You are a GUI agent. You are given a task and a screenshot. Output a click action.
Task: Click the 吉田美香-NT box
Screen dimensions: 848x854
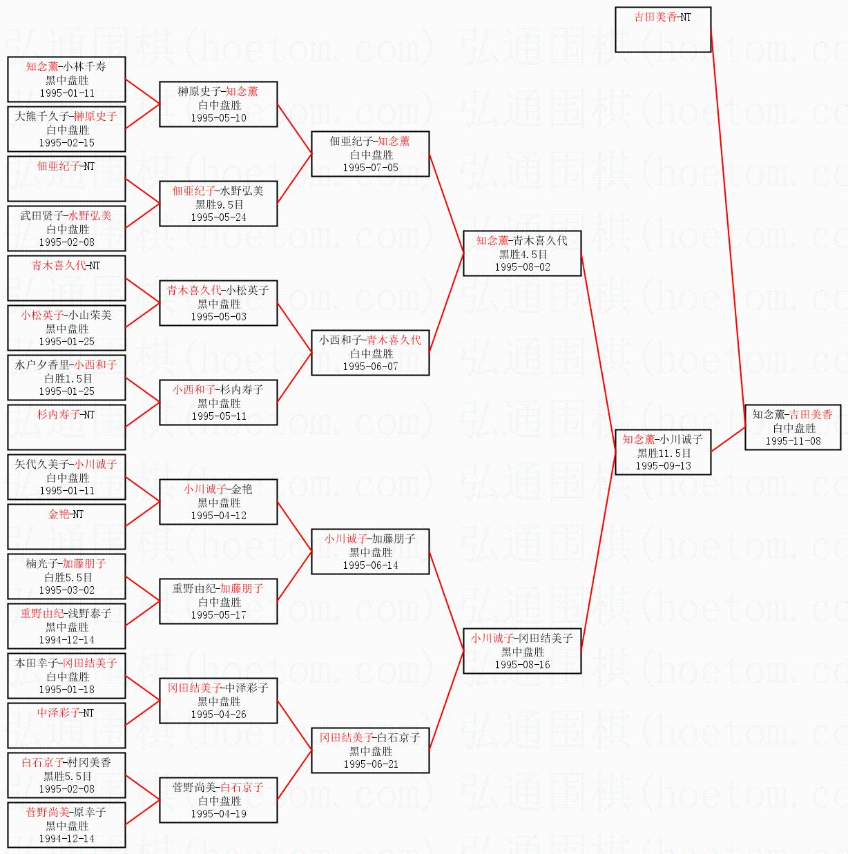[663, 29]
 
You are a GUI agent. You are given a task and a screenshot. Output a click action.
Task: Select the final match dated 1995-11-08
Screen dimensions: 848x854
[793, 427]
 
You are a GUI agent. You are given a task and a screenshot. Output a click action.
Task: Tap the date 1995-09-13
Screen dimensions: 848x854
[663, 466]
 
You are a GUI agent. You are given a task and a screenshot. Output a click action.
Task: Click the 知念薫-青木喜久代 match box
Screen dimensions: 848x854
[522, 253]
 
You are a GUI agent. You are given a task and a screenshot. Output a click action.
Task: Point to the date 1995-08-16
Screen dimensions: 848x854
[522, 665]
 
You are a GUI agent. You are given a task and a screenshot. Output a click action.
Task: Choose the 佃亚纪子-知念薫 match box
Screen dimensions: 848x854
[370, 154]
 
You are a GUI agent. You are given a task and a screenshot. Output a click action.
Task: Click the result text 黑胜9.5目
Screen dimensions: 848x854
[219, 205]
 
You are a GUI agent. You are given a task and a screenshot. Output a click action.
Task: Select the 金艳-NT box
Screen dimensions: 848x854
[66, 527]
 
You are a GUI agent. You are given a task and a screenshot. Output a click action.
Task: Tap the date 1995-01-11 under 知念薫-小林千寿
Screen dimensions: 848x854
[67, 93]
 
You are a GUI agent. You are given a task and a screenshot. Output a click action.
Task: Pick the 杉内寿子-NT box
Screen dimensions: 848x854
[66, 427]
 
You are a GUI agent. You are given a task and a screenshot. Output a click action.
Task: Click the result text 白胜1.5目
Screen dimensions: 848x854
[68, 379]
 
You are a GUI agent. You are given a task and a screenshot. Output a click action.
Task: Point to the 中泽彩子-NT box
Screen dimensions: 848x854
[66, 726]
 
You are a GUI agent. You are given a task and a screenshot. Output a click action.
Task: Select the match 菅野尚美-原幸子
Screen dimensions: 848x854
[66, 825]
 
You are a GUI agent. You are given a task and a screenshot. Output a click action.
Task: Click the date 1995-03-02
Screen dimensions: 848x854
[67, 590]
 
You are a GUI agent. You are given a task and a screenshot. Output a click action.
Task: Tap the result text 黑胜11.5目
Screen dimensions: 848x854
[664, 454]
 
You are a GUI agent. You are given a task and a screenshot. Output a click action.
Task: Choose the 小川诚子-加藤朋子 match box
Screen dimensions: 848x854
[370, 552]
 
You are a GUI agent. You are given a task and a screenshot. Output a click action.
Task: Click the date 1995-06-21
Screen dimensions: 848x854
[371, 764]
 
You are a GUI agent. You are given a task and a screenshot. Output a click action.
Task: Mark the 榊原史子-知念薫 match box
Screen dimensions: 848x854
[218, 104]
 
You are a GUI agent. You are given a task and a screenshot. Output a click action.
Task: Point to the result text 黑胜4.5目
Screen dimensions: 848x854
[523, 254]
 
